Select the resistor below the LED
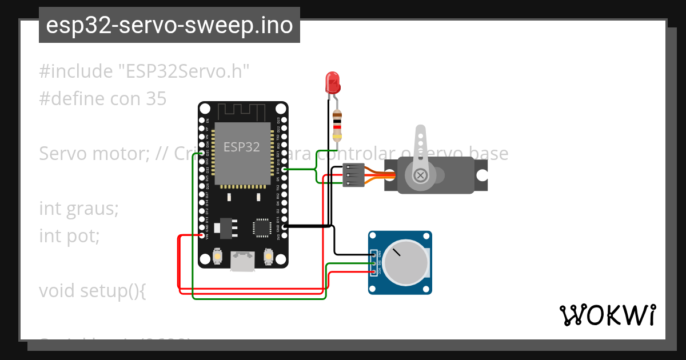(338, 126)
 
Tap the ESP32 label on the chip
(241, 147)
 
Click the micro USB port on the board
(242, 261)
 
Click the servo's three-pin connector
(353, 175)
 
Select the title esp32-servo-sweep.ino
(169, 25)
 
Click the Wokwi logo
(607, 315)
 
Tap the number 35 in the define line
(155, 99)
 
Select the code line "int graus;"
(79, 209)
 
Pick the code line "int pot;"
(69, 235)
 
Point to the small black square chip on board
(262, 227)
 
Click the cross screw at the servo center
(421, 175)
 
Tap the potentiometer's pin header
(375, 263)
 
